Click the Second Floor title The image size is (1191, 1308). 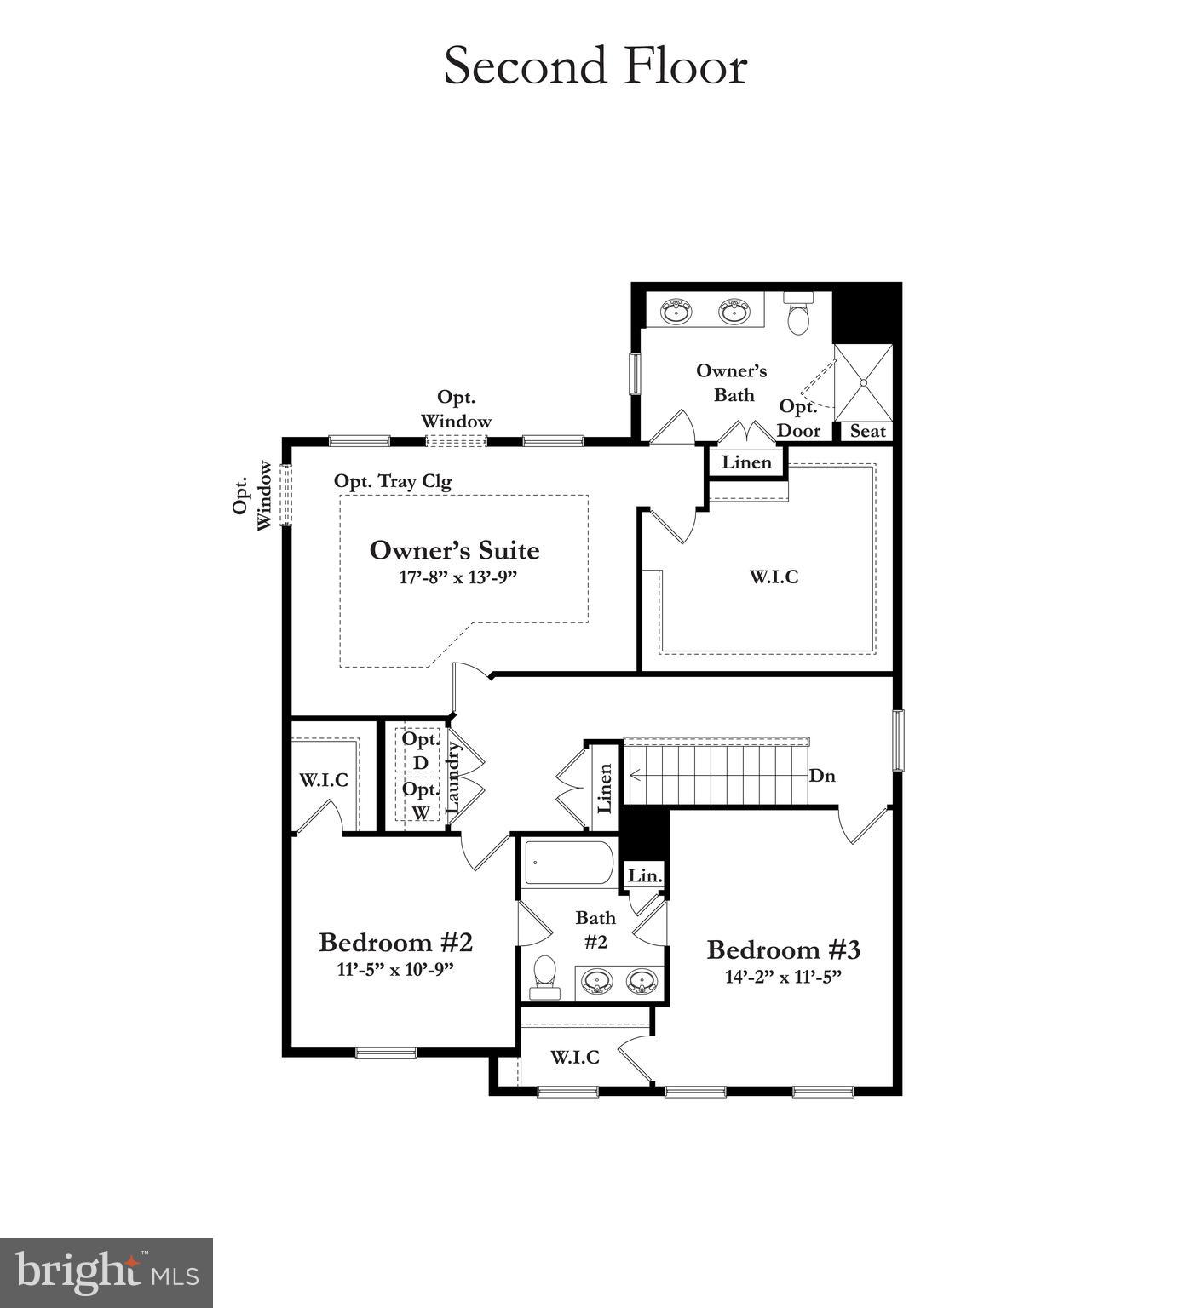pos(595,66)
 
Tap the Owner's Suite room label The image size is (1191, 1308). pos(454,550)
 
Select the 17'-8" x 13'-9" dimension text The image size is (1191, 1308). pos(458,577)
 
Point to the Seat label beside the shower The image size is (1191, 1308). pos(867,431)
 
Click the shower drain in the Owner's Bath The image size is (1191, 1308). pos(864,383)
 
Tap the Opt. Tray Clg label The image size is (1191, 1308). pos(392,481)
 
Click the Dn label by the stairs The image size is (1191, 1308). pos(822,776)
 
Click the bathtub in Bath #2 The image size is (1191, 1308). pos(568,863)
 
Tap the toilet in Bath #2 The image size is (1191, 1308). pos(544,976)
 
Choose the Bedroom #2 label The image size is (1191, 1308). pos(395,943)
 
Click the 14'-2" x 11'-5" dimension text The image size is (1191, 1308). pos(783,977)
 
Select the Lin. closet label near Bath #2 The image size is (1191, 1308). pos(644,875)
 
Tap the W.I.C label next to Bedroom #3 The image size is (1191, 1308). pos(574,1058)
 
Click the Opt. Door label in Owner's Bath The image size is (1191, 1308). pos(798,419)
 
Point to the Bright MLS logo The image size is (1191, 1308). pos(106,1273)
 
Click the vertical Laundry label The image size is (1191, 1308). pos(453,776)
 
